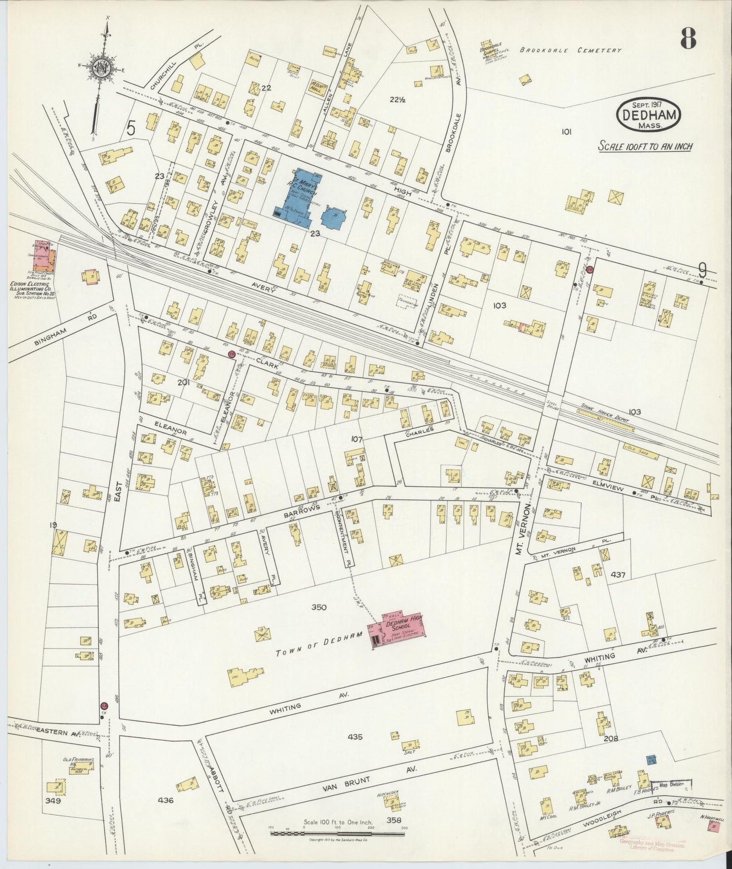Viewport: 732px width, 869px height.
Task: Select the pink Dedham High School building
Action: pos(398,629)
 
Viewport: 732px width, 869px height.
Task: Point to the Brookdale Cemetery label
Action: pos(570,50)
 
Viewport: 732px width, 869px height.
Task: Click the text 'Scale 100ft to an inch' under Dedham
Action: pos(645,147)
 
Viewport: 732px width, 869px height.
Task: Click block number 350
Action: pos(319,607)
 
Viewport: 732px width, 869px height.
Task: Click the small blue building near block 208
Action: pos(651,759)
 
